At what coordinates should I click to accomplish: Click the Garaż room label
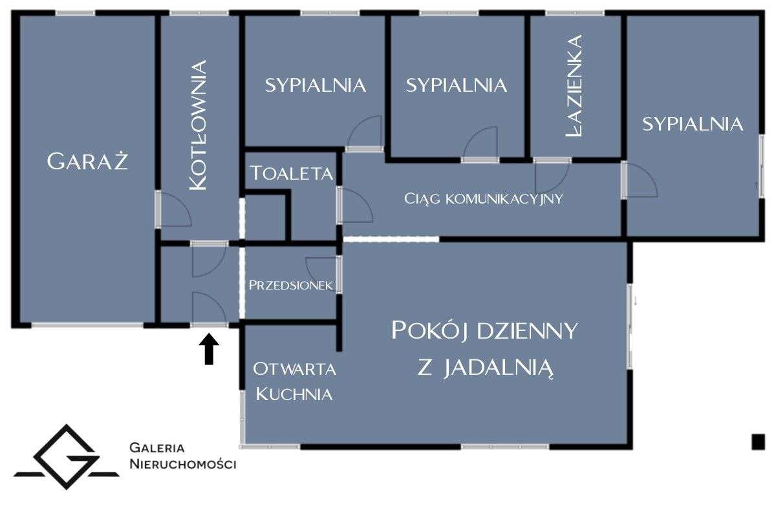tap(87, 162)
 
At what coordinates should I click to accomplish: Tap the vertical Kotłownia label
tap(198, 125)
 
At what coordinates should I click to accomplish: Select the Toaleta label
tap(292, 173)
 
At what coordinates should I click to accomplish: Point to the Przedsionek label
tap(291, 285)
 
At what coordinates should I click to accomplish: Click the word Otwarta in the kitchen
tap(294, 369)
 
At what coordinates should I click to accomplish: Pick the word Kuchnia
tap(294, 394)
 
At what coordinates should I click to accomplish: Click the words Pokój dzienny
tap(484, 331)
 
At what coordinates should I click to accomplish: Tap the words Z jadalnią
tap(485, 368)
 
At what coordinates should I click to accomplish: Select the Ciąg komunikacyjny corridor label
tap(484, 199)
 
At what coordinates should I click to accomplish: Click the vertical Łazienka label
tap(574, 85)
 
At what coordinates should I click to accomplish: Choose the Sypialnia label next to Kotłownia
tap(316, 85)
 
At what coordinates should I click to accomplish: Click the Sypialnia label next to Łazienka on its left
tap(457, 85)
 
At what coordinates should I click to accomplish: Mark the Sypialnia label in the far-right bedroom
tap(693, 124)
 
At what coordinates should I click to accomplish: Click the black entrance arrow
tap(209, 349)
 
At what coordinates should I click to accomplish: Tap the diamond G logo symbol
tap(67, 457)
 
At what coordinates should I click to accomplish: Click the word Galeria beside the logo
tap(157, 448)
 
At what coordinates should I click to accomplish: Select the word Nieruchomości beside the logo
tap(183, 464)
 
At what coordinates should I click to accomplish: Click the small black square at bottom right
tap(758, 442)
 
